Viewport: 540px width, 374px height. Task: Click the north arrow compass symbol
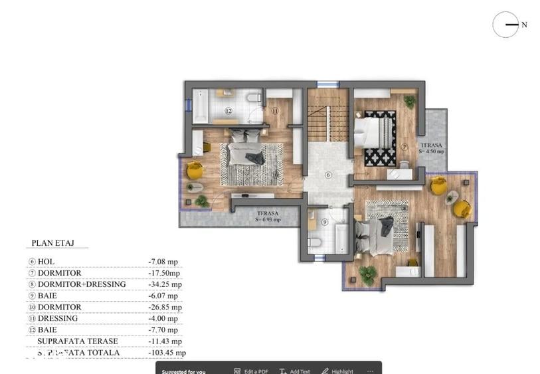coord(505,25)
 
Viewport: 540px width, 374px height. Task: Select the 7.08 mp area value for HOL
coord(163,262)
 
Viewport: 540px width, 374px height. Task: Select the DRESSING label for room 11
coord(58,318)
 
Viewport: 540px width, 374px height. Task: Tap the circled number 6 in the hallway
coord(327,175)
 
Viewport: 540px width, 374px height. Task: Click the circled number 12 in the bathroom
coord(228,111)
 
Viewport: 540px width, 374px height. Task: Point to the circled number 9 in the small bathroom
coord(325,222)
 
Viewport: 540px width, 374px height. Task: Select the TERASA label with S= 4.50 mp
coord(431,147)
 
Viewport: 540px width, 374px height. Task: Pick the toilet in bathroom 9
coord(315,242)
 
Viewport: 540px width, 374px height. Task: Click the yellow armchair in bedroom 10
coord(194,170)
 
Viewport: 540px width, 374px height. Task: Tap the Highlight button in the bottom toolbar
coord(338,371)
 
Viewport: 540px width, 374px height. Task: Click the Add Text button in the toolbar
coord(295,371)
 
